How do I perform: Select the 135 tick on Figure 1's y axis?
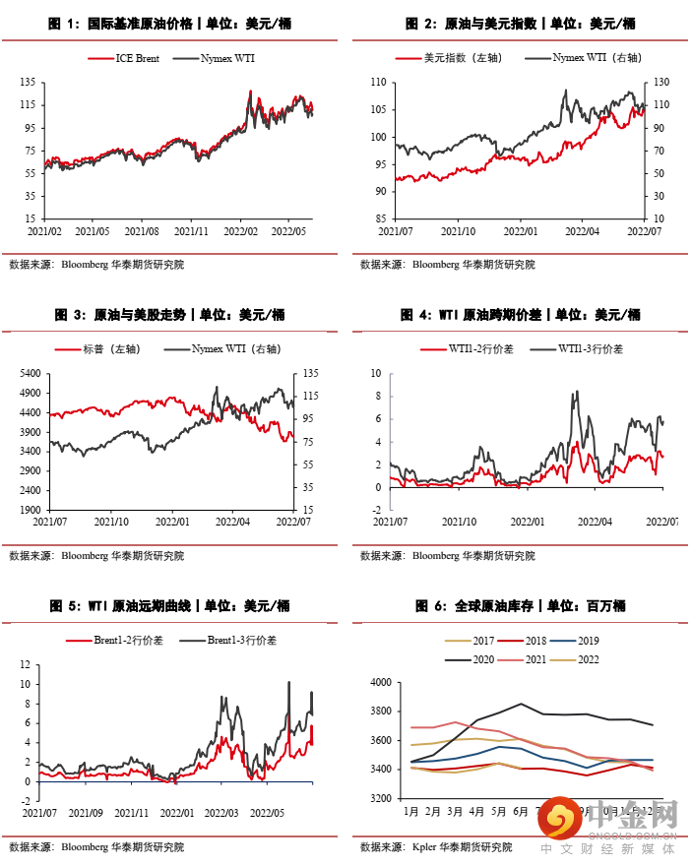(x=29, y=83)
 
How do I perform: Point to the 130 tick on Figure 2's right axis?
(x=661, y=83)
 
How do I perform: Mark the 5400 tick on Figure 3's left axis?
(x=30, y=374)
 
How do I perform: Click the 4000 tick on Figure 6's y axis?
(x=383, y=682)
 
